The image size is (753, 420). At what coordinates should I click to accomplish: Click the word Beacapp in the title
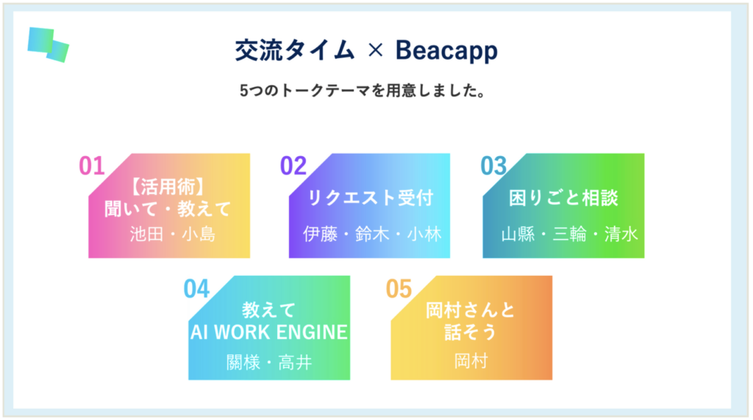click(446, 51)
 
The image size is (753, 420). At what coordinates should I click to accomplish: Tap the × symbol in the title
click(375, 50)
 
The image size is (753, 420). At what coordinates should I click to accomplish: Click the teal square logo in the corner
click(48, 45)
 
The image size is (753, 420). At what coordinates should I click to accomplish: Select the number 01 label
click(92, 165)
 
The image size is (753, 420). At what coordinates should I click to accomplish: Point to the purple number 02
click(293, 165)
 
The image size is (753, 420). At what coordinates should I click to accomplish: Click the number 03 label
click(493, 165)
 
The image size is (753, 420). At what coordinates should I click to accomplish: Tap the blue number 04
click(196, 289)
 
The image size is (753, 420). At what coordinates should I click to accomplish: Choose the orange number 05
click(399, 289)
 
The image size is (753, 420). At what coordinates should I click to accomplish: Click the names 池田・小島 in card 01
click(172, 234)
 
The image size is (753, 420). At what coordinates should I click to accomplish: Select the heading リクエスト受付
click(371, 198)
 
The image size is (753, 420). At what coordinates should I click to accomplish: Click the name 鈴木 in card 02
click(371, 234)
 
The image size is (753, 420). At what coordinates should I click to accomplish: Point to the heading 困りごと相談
click(563, 198)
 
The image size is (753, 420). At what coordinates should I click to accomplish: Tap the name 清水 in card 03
click(621, 234)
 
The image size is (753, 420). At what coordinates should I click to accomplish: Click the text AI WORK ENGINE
click(269, 332)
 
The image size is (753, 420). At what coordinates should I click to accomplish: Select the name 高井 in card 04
click(295, 362)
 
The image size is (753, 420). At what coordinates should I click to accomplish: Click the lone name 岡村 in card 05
click(471, 361)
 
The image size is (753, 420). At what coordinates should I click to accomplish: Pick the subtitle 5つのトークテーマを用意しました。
click(363, 90)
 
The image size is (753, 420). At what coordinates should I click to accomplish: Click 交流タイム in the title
click(295, 50)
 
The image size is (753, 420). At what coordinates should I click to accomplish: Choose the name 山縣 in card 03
click(518, 234)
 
